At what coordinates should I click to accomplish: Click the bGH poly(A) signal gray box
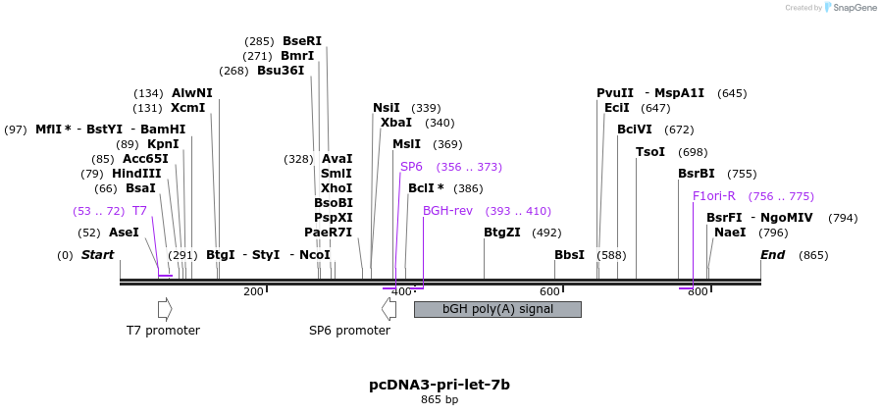[497, 309]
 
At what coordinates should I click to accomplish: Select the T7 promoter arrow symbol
[164, 309]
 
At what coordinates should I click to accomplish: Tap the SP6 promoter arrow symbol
[389, 309]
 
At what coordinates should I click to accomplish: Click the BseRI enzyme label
[301, 41]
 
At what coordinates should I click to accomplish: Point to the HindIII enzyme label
[135, 174]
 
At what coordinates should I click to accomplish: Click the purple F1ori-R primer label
[713, 196]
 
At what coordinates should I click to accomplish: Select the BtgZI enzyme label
[501, 233]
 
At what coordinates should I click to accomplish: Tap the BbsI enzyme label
[569, 255]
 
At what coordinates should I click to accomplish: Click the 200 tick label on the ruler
[253, 291]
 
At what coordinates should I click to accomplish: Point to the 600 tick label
[549, 291]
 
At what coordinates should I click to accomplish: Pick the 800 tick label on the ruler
[698, 291]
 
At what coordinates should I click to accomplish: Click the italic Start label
[97, 255]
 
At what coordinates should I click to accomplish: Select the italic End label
[772, 255]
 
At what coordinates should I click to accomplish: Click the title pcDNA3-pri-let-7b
[439, 385]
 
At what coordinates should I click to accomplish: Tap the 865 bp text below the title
[439, 400]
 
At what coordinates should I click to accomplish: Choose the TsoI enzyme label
[649, 152]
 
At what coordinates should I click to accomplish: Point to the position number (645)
[732, 94]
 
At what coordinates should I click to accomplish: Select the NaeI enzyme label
[729, 233]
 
